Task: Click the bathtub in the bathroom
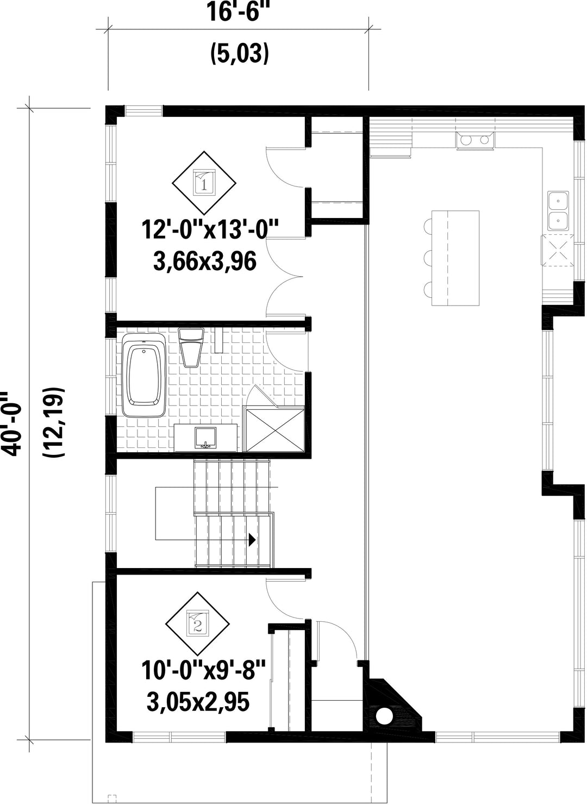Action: tap(144, 375)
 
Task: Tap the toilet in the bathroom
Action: tap(191, 347)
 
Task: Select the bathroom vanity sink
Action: tap(205, 438)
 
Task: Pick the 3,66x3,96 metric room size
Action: tap(204, 261)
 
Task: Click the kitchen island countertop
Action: tap(455, 258)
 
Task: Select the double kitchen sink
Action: tap(558, 211)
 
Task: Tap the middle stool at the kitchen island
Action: tap(428, 258)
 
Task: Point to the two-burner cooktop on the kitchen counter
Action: tap(475, 140)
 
